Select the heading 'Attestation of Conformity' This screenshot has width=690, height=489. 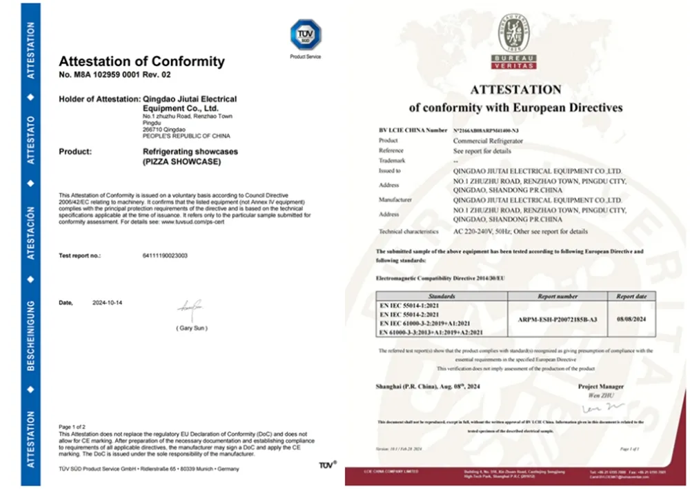click(x=141, y=61)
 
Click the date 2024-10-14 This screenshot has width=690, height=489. click(x=108, y=303)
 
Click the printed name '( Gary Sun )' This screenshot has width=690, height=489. click(x=191, y=328)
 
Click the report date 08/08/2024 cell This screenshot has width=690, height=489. click(x=631, y=320)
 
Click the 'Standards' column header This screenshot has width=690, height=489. click(x=442, y=296)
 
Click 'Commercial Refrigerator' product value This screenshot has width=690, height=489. click(x=488, y=141)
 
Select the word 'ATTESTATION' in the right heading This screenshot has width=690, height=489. click(x=515, y=90)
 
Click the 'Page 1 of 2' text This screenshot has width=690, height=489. click(x=73, y=427)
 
